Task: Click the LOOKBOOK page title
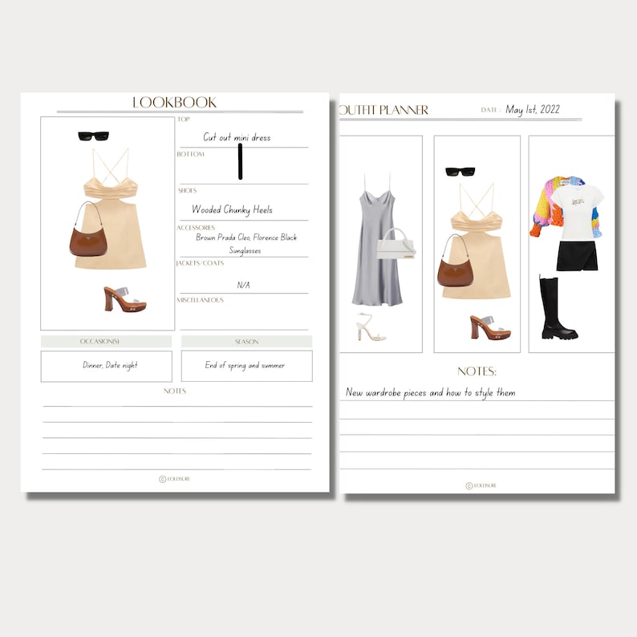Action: (174, 103)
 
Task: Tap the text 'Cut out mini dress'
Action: (237, 137)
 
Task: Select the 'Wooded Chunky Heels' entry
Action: (232, 209)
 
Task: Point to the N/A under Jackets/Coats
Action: (243, 285)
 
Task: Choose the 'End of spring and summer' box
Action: (246, 366)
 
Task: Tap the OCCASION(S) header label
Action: (106, 342)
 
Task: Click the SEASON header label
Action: (246, 342)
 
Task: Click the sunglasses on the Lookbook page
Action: (93, 136)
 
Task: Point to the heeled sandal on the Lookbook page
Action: (124, 298)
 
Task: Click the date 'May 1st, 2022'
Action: (533, 110)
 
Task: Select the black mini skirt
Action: (574, 256)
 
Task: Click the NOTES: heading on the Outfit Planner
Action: (477, 371)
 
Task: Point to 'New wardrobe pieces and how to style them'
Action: (430, 392)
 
